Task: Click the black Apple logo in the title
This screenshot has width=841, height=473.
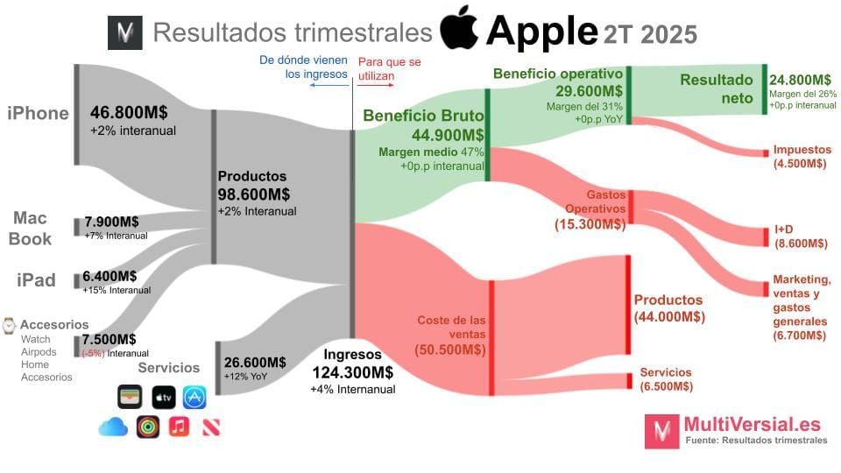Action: pos(459,30)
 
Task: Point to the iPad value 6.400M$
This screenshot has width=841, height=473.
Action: pos(110,276)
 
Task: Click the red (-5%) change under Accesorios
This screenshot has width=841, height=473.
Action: pos(94,353)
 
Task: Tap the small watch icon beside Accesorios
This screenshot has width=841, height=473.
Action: pos(9,325)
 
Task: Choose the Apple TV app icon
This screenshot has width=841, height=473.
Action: pos(163,397)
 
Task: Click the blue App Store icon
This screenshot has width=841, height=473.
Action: pos(194,397)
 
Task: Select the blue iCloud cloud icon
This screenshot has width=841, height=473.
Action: pos(113,427)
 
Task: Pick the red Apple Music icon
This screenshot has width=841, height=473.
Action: pos(179,427)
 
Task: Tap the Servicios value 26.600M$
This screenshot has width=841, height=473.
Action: pos(255,363)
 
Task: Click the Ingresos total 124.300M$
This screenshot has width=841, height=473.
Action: pos(353,372)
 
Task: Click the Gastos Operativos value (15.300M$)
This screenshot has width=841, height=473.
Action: pos(590,224)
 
